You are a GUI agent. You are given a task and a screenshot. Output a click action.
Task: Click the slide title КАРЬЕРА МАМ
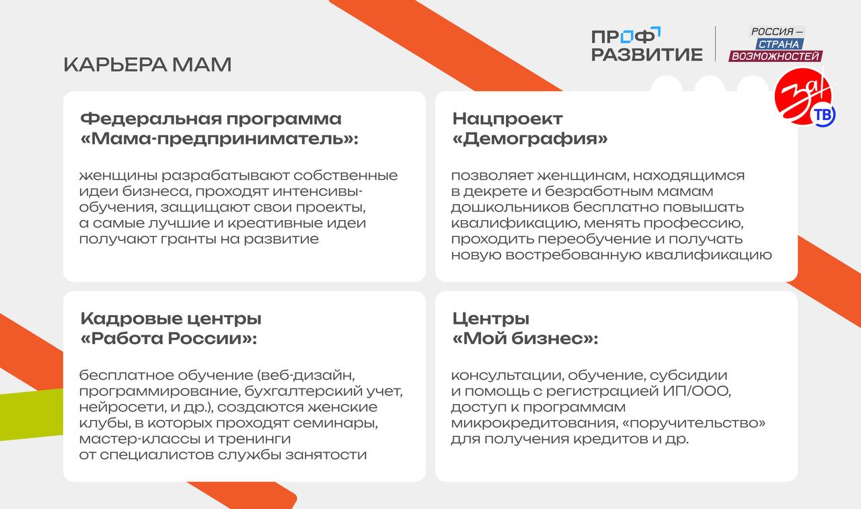pyautogui.click(x=147, y=65)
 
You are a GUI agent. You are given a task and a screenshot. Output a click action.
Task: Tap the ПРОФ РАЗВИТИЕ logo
pyautogui.click(x=646, y=44)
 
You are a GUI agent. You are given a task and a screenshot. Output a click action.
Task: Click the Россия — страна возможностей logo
pyautogui.click(x=777, y=44)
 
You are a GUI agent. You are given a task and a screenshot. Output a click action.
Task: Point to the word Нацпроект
pyautogui.click(x=507, y=119)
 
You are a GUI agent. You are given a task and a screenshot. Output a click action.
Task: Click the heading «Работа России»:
pyautogui.click(x=169, y=339)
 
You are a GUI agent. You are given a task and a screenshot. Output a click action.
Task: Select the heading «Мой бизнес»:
pyautogui.click(x=525, y=339)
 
